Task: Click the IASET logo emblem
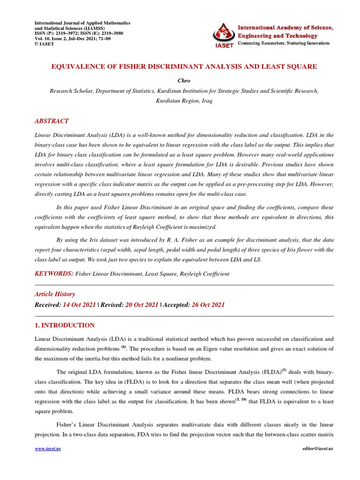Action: pyautogui.click(x=224, y=33)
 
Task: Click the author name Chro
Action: pyautogui.click(x=184, y=81)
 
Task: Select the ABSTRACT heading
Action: pyautogui.click(x=52, y=121)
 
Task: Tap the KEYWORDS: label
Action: pyautogui.click(x=54, y=273)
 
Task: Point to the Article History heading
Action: pyautogui.click(x=55, y=294)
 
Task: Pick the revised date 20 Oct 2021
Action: pyautogui.click(x=142, y=305)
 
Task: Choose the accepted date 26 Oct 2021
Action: pyautogui.click(x=208, y=305)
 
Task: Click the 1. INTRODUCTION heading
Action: pyautogui.click(x=65, y=325)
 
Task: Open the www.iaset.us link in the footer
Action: pyautogui.click(x=48, y=449)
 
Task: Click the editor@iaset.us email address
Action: pyautogui.click(x=317, y=449)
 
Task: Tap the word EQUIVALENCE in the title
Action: pyautogui.click(x=76, y=67)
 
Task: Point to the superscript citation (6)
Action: pyautogui.click(x=124, y=347)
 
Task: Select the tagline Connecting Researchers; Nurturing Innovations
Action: pyautogui.click(x=284, y=43)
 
